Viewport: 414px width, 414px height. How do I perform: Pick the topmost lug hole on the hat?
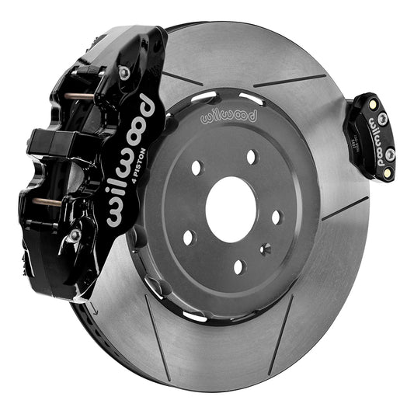[251, 157]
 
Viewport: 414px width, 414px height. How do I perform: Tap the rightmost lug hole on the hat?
[277, 217]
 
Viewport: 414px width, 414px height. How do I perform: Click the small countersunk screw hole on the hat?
[266, 249]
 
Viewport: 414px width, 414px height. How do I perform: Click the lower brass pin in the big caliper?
[48, 202]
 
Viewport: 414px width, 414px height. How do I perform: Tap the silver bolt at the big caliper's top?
[124, 72]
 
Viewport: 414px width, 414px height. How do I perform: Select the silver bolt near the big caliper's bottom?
[75, 235]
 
